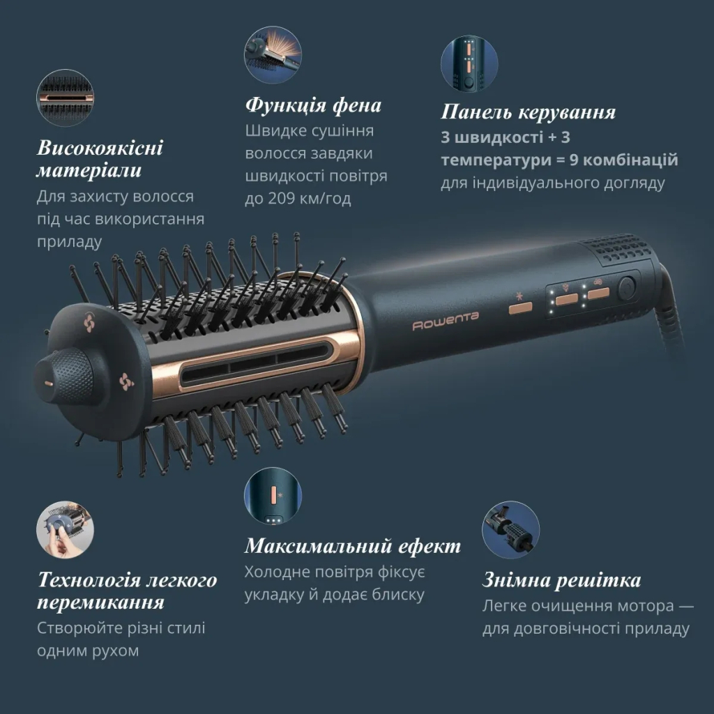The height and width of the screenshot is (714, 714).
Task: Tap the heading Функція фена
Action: [313, 105]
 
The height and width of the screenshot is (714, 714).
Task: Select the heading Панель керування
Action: [528, 112]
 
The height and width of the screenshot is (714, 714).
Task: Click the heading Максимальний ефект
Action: [352, 545]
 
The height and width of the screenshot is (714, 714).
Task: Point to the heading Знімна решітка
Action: [561, 580]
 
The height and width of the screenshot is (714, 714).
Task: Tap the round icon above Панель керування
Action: [469, 64]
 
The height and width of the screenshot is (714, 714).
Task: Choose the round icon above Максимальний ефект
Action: [273, 496]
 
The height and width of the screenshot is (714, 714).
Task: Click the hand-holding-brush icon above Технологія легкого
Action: [65, 529]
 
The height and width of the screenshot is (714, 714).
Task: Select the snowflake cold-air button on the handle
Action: [519, 303]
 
